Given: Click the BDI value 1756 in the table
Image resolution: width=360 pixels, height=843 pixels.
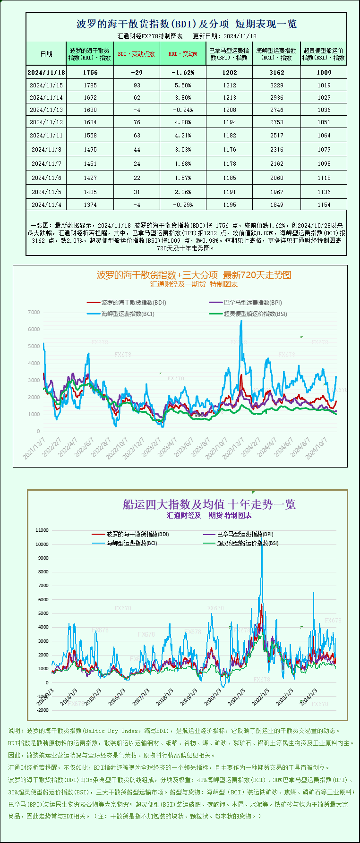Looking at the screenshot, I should pos(90,73).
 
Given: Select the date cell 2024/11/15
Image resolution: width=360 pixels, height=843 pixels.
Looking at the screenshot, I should pos(46,85).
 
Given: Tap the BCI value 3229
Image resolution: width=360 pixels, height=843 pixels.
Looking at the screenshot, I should pos(277,85).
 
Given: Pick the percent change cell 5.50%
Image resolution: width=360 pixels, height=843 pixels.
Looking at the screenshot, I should pos(183,85).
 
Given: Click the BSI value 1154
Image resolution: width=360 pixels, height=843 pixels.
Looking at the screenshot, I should pos(324,205).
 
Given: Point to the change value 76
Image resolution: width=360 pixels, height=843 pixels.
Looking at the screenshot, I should pos(137,122).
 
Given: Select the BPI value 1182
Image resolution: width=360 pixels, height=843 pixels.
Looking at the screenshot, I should pos(229,136).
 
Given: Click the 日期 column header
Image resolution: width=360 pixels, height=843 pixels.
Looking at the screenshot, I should pos(46,54).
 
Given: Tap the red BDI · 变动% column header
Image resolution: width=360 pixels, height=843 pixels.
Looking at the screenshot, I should pos(183,54).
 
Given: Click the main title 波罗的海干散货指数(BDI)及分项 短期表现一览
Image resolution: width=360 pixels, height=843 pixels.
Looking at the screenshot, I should pos(186,24).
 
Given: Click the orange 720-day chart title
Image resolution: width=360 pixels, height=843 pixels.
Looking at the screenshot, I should pos(194,275).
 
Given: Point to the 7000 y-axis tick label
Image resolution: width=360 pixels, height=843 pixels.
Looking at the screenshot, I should pos(34,313).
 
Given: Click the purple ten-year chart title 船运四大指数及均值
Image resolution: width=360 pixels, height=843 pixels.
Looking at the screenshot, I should pos(209,504).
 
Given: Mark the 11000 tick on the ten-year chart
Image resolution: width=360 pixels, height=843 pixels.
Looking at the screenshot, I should pos(42,530).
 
